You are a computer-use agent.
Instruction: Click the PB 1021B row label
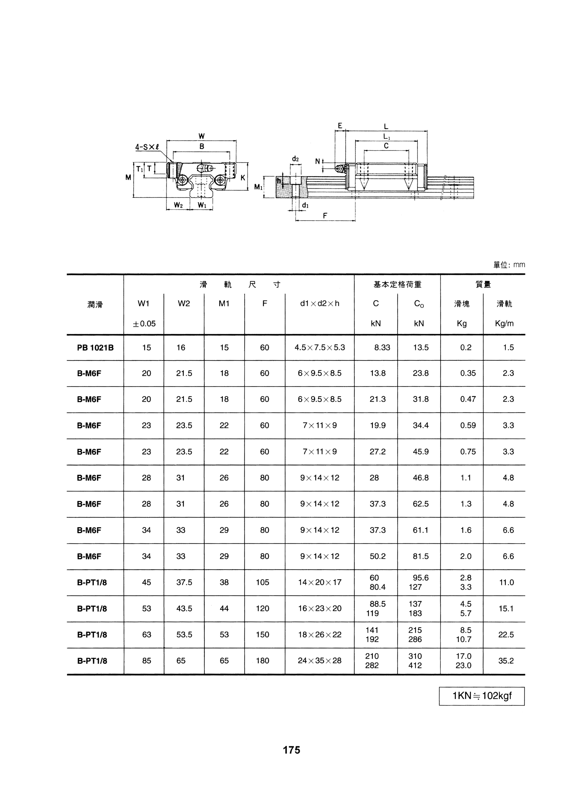[x=95, y=348]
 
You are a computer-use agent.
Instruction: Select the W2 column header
[x=184, y=304]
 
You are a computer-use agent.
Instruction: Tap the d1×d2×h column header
[x=319, y=304]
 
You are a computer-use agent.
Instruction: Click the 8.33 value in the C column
[x=382, y=348]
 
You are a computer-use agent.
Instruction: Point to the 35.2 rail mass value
[x=506, y=661]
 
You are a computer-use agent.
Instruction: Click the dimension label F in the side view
[x=325, y=215]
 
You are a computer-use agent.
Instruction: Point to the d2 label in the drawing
[x=295, y=159]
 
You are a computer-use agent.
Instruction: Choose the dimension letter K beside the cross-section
[x=243, y=178]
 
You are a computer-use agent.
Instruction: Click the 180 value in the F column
[x=263, y=661]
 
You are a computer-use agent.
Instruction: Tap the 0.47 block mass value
[x=468, y=399]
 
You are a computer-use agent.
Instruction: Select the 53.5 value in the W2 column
[x=184, y=635]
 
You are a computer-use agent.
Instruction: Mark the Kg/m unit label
[x=504, y=324]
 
